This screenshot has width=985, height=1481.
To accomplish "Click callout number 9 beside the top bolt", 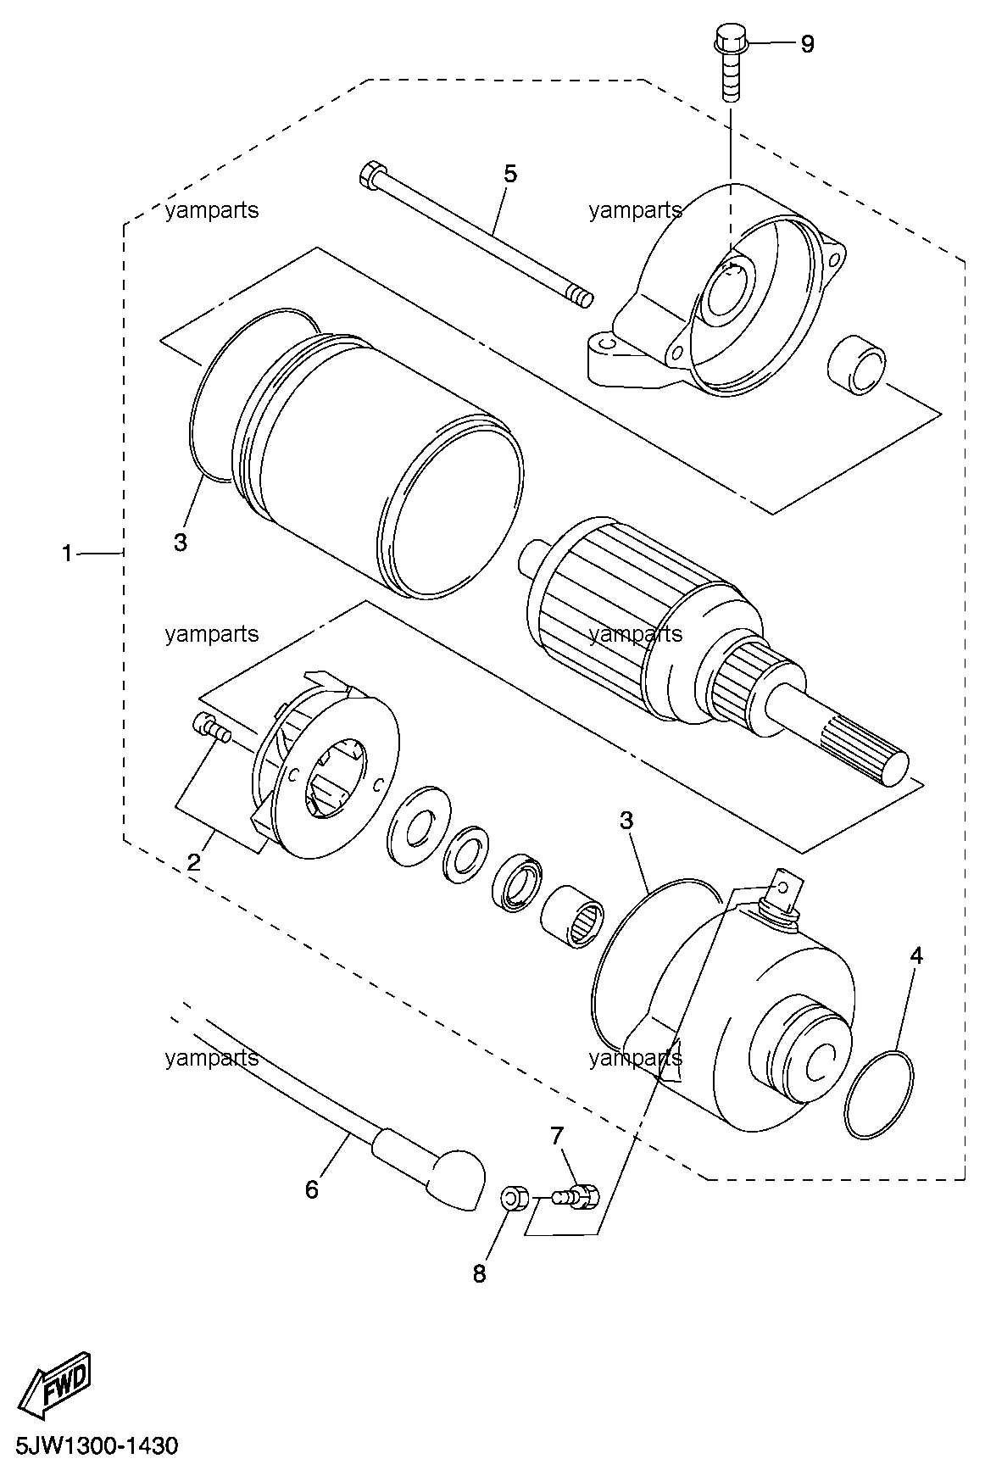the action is pyautogui.click(x=807, y=44).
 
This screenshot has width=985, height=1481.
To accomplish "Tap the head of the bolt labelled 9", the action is pyautogui.click(x=728, y=38).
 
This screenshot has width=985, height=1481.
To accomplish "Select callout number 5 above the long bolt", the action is pyautogui.click(x=509, y=174).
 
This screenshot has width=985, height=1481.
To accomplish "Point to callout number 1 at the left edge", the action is pyautogui.click(x=67, y=554).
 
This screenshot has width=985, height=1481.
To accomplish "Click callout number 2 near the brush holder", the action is pyautogui.click(x=194, y=863).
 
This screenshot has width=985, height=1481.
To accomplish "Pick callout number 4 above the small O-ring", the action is pyautogui.click(x=916, y=955).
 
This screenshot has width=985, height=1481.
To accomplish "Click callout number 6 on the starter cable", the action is pyautogui.click(x=312, y=1190).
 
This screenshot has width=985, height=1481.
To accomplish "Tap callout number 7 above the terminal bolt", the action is pyautogui.click(x=557, y=1135).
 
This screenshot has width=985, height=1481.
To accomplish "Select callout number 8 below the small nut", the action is pyautogui.click(x=480, y=1273).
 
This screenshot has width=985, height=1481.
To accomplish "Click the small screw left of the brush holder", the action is pyautogui.click(x=212, y=727).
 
